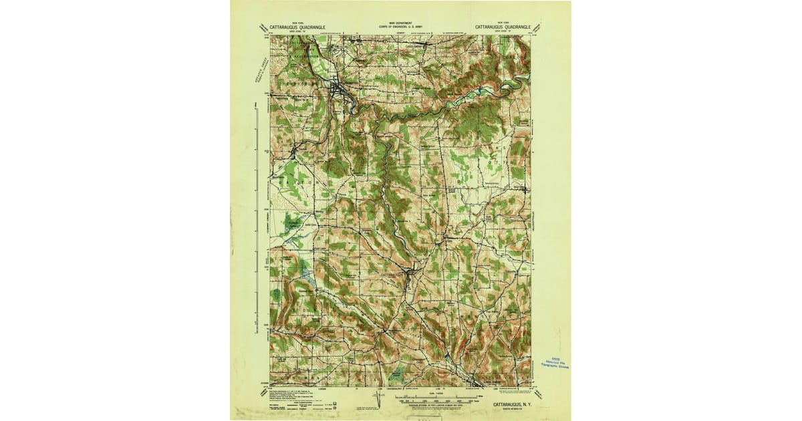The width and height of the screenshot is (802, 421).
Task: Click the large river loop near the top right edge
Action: point(513,83)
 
